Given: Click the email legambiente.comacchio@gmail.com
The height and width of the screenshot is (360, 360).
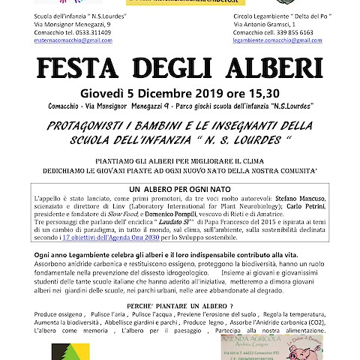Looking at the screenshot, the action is tap(278, 43).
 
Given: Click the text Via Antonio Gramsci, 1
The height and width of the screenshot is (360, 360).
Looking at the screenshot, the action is tap(268, 25).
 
